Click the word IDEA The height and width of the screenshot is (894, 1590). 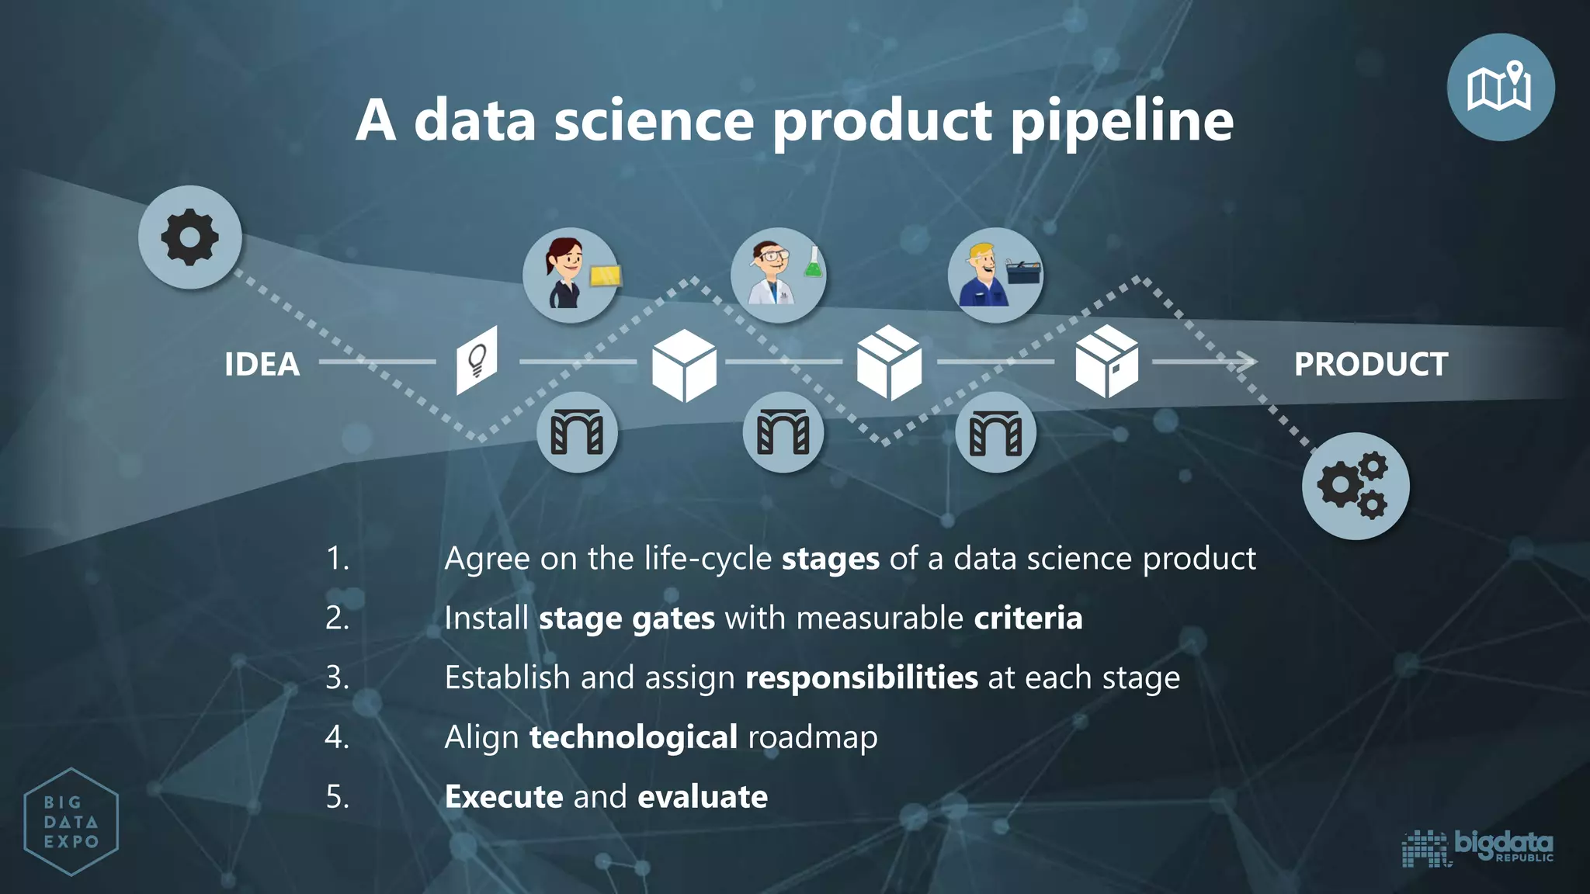(x=262, y=364)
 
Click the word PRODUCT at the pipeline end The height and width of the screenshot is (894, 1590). (x=1370, y=364)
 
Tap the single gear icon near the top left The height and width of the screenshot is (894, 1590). (x=190, y=237)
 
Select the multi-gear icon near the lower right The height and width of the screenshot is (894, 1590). (x=1355, y=486)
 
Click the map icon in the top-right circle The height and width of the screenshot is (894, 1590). (x=1500, y=87)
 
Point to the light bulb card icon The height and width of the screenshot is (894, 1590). (x=477, y=360)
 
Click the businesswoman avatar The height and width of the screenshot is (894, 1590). (x=565, y=273)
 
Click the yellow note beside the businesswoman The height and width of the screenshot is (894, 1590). (x=606, y=275)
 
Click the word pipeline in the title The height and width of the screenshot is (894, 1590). (x=1122, y=122)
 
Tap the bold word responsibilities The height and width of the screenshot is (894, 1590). (x=862, y=677)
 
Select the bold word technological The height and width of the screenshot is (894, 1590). (x=634, y=737)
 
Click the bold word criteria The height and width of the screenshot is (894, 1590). (x=1028, y=619)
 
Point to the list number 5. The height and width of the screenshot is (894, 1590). (x=337, y=797)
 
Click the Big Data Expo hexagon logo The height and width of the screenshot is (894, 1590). (x=71, y=822)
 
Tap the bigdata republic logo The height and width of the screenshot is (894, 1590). (x=1477, y=847)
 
